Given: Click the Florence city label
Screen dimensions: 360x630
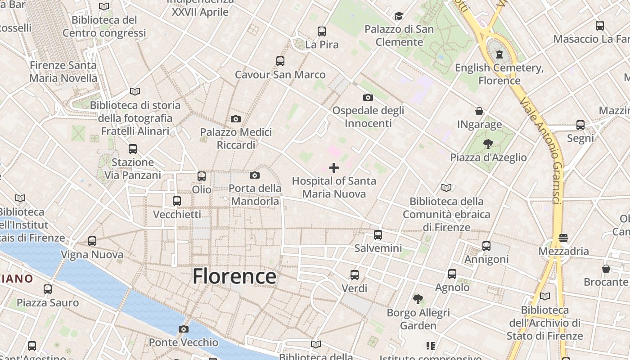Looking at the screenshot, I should point(234,276).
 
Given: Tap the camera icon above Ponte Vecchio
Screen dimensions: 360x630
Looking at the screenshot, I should point(183,329).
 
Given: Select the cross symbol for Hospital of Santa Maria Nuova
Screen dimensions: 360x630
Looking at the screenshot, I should point(334,168).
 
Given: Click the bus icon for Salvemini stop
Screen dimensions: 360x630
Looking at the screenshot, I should point(378,234).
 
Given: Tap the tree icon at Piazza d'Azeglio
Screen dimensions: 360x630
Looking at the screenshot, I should point(488,144).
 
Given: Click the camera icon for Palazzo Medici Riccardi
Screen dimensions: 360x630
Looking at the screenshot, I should point(235,119).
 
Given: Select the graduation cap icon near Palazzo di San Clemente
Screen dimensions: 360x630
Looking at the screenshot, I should point(399,16).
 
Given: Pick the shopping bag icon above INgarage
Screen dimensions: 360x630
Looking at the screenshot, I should point(479,111).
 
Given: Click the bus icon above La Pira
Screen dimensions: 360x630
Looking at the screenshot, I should point(322,31).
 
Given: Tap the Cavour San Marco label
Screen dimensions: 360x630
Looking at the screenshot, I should point(280,74).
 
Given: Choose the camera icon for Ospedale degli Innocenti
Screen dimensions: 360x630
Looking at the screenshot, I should point(368,97).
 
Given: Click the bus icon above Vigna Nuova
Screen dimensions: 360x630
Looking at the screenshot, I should point(92,241).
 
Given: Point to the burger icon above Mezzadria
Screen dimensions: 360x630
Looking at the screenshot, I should point(563,237).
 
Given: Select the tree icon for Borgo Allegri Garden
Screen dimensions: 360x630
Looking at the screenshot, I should point(418,299).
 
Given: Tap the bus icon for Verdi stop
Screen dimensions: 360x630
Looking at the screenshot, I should point(355,274).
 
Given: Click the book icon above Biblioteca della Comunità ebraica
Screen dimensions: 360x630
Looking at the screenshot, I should point(446,188).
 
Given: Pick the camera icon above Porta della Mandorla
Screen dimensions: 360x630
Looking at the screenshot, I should point(255,175).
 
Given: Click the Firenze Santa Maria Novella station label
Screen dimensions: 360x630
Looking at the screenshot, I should point(63,72).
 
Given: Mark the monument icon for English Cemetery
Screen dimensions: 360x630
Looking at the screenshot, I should point(499,54).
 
